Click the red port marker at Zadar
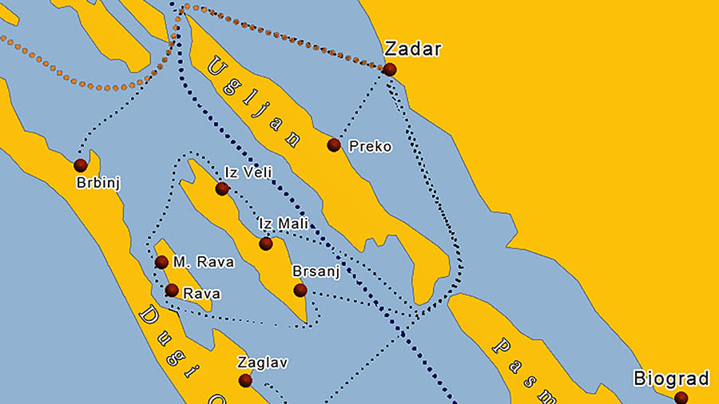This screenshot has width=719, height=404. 389,69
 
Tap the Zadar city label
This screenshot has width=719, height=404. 412,49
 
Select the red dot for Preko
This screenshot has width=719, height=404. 334,145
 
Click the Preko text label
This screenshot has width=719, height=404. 371,146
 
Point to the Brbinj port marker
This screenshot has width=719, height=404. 80,165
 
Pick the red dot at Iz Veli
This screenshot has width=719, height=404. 222,188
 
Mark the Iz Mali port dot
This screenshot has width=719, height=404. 265,244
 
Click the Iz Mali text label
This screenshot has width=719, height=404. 283,225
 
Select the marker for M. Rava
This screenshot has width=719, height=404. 161,262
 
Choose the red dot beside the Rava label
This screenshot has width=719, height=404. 172,290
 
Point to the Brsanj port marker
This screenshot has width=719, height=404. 300,290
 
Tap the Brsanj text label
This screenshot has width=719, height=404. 316,271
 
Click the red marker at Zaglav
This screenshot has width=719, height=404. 245,381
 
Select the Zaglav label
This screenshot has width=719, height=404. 262,362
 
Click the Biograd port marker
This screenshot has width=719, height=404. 681,397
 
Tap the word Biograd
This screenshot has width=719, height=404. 672,378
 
